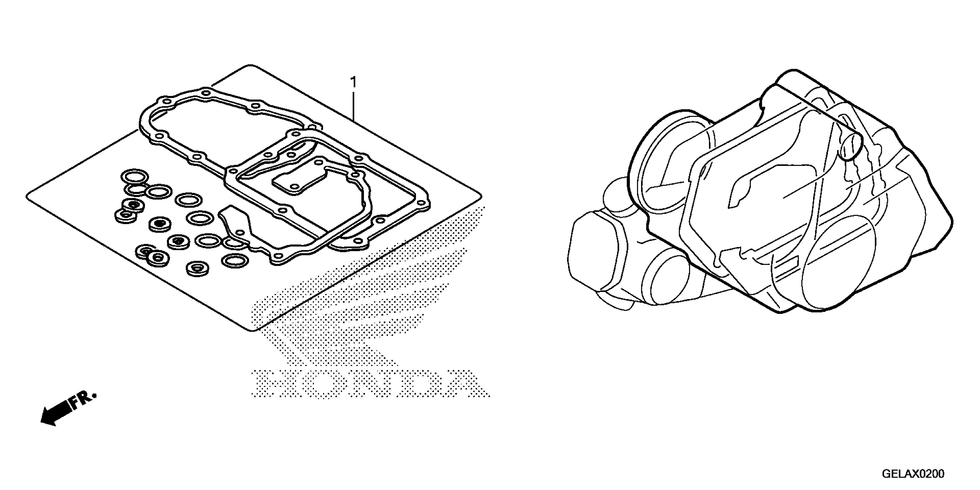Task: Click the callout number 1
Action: [353, 82]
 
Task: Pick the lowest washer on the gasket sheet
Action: [197, 269]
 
